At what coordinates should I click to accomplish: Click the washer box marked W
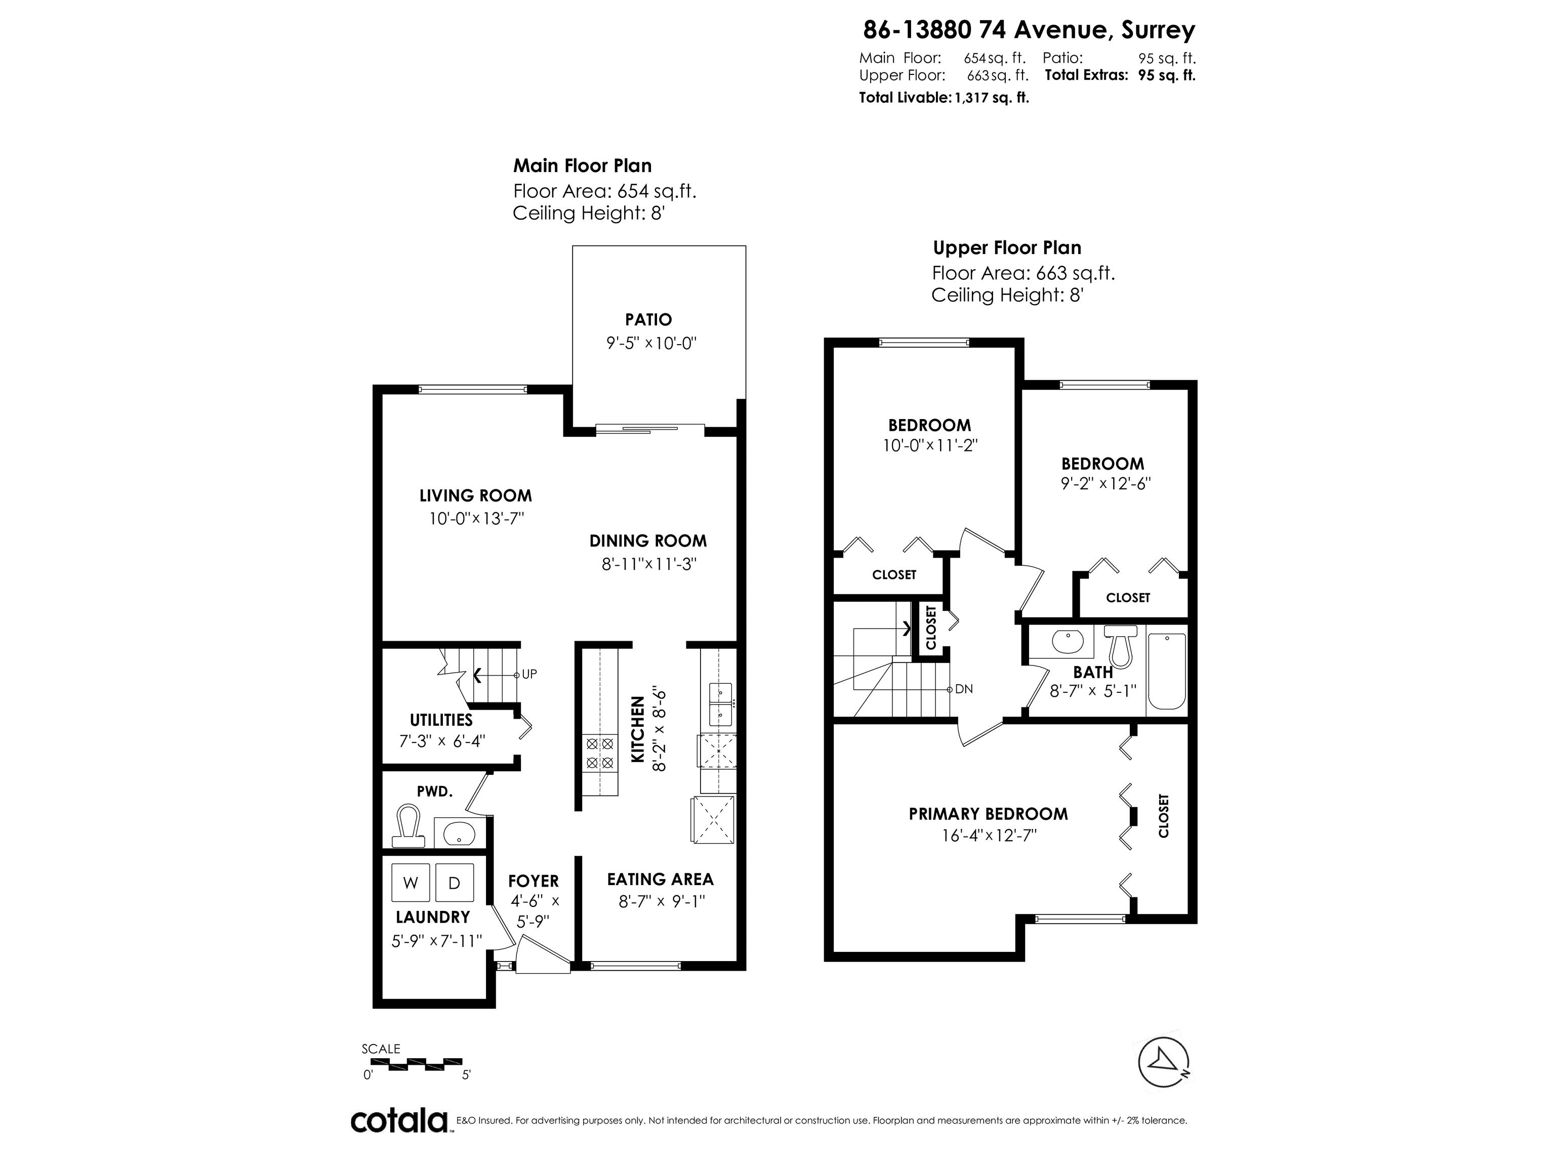pyautogui.click(x=411, y=883)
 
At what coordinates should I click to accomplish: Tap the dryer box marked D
pyautogui.click(x=454, y=883)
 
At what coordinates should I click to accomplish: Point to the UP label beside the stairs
pyautogui.click(x=528, y=674)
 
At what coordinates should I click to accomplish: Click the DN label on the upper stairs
pyautogui.click(x=964, y=689)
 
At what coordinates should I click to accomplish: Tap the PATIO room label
pyautogui.click(x=648, y=320)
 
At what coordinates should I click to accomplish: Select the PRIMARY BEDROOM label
pyautogui.click(x=988, y=814)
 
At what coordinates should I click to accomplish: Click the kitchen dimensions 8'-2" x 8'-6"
pyautogui.click(x=659, y=729)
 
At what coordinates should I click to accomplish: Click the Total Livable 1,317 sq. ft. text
pyautogui.click(x=944, y=98)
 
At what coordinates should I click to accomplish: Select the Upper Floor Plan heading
pyautogui.click(x=1007, y=247)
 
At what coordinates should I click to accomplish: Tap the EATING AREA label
pyautogui.click(x=660, y=879)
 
